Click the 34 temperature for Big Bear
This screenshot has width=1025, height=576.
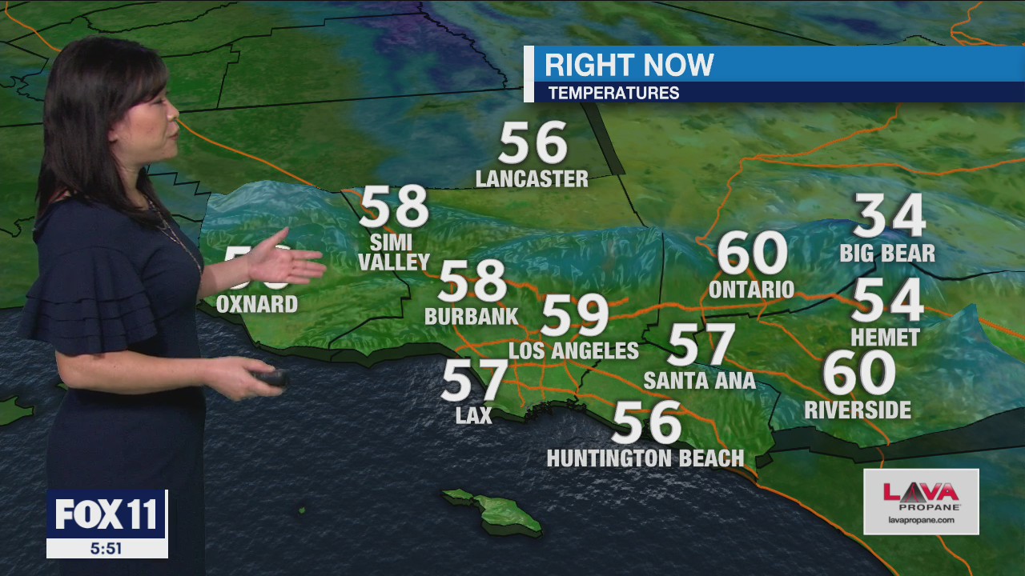[x=889, y=216]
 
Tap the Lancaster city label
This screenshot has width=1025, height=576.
[x=532, y=178]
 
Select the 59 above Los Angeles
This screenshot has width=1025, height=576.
[x=575, y=315]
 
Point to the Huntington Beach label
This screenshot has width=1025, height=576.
[x=645, y=458]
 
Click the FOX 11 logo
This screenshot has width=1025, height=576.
[x=107, y=514]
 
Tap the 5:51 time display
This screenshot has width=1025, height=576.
[x=107, y=549]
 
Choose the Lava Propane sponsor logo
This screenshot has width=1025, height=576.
[x=921, y=501]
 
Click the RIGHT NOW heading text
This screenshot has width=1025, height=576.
[x=629, y=65]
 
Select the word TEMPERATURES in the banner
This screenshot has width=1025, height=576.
[x=613, y=93]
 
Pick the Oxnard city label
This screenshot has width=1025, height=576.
[x=257, y=305]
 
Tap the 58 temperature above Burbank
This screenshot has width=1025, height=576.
[x=472, y=281]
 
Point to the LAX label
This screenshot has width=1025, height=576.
[x=473, y=414]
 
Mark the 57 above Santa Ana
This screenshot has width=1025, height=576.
[x=701, y=345]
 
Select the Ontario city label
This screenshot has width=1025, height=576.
[x=751, y=290]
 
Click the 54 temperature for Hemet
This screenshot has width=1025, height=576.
[x=887, y=301]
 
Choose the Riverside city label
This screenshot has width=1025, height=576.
[x=858, y=410]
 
